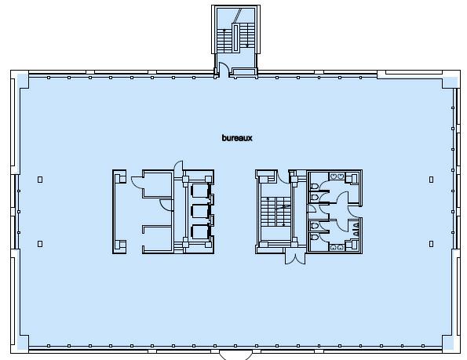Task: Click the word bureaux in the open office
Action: tap(236, 138)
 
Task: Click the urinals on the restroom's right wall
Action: tap(356, 229)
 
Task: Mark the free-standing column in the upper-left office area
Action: tap(40, 180)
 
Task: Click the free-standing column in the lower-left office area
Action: tap(40, 244)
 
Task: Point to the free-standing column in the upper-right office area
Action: tap(431, 180)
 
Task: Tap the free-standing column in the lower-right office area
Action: tap(431, 244)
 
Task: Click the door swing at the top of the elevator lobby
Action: tap(179, 166)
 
